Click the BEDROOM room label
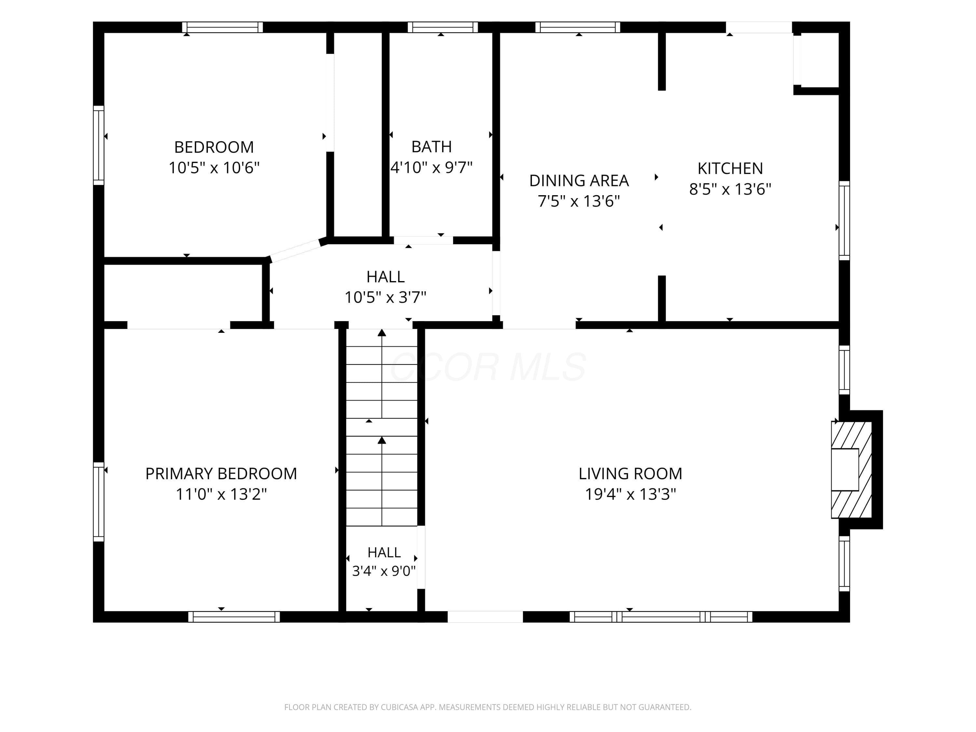[x=214, y=147]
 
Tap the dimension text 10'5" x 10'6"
[x=214, y=168]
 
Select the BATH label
[x=431, y=146]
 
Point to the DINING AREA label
[x=579, y=181]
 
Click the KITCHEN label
[x=730, y=168]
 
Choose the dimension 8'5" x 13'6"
[x=730, y=189]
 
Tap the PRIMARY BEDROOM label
[x=221, y=473]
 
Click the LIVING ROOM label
[x=630, y=473]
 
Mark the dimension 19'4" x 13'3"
[x=630, y=494]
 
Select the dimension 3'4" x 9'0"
[x=384, y=571]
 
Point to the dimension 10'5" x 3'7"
[x=385, y=297]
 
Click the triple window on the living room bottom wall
[x=660, y=617]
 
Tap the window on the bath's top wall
[x=442, y=27]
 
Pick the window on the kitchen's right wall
[x=844, y=221]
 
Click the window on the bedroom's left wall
[x=98, y=145]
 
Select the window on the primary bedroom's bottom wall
[x=234, y=617]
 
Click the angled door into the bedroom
[x=295, y=251]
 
